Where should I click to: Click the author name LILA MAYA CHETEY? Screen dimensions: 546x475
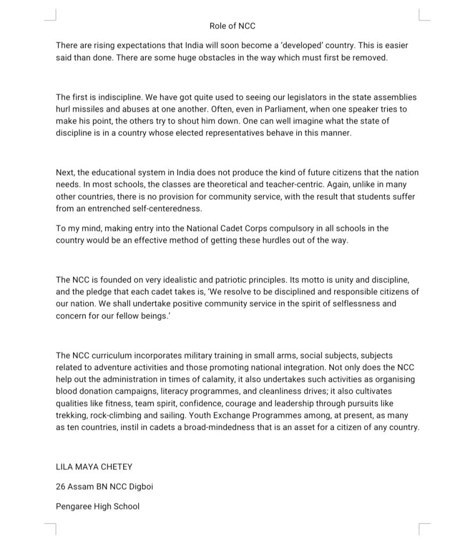pyautogui.click(x=94, y=467)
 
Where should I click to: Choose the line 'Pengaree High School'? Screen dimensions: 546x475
pyautogui.click(x=98, y=506)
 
